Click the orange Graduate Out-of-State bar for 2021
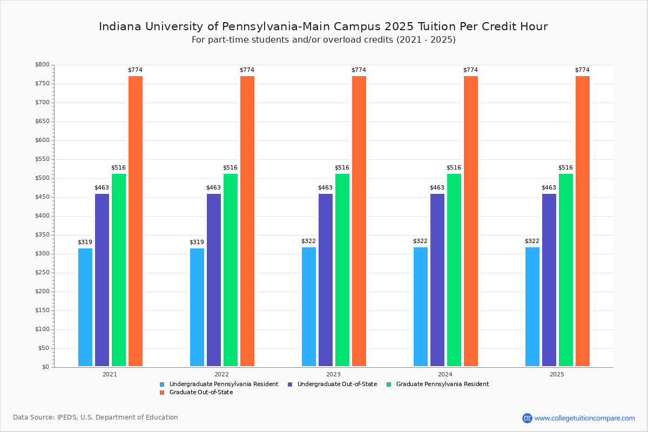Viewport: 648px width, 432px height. [136, 221]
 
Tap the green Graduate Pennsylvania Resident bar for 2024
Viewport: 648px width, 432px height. [454, 270]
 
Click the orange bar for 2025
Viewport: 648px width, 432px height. [583, 221]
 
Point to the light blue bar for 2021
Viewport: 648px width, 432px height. [85, 307]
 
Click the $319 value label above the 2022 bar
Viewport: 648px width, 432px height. [197, 242]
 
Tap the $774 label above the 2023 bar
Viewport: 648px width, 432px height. [359, 70]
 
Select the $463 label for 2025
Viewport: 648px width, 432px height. [549, 188]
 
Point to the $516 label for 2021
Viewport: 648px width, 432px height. [119, 168]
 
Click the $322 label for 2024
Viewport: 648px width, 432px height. [421, 241]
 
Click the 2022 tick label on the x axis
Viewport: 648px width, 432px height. [221, 374]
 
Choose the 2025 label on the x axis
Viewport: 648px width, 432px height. [557, 374]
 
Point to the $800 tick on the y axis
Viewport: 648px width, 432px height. [43, 65]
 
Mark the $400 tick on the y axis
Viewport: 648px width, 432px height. [43, 216]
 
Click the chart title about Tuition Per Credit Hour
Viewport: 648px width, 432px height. [323, 26]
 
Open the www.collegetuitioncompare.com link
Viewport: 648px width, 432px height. [584, 418]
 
